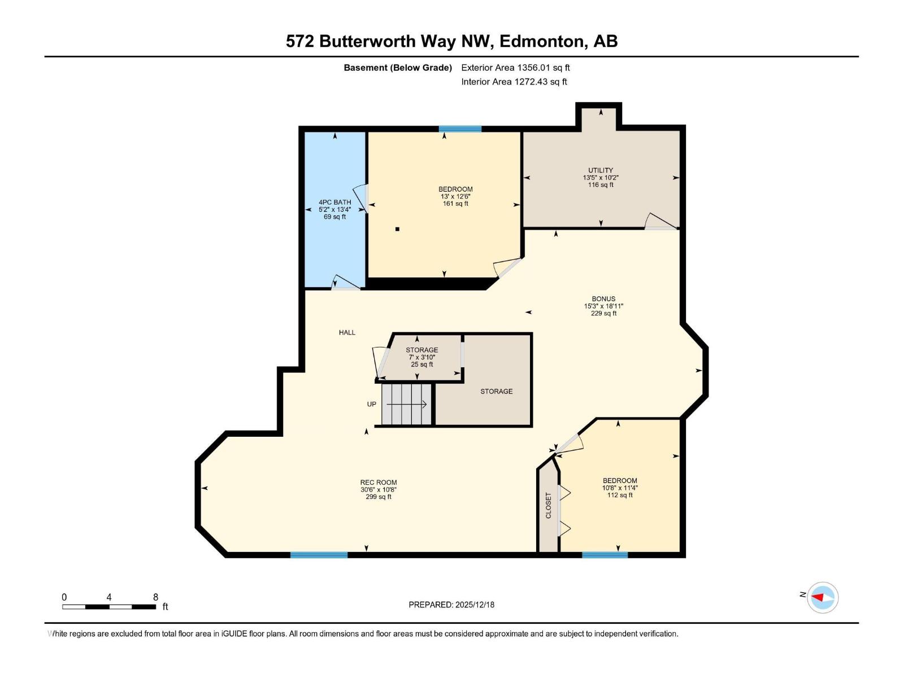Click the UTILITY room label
point(600,170)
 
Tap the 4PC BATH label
point(334,202)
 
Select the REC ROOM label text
point(379,483)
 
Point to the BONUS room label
point(603,299)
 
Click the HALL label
point(347,333)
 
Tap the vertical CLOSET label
point(548,505)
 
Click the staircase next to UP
point(406,405)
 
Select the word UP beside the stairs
point(372,405)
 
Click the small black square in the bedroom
point(398,229)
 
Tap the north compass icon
point(822,597)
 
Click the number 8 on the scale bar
point(155,597)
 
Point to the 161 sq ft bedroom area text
point(455,204)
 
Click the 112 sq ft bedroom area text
point(620,496)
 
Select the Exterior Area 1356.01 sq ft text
point(515,68)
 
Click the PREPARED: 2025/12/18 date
point(451,605)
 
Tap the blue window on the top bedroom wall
point(460,129)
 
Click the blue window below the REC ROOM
point(319,555)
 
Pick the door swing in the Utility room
point(661,222)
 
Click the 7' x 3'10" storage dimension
point(422,357)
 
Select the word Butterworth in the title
point(388,41)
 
